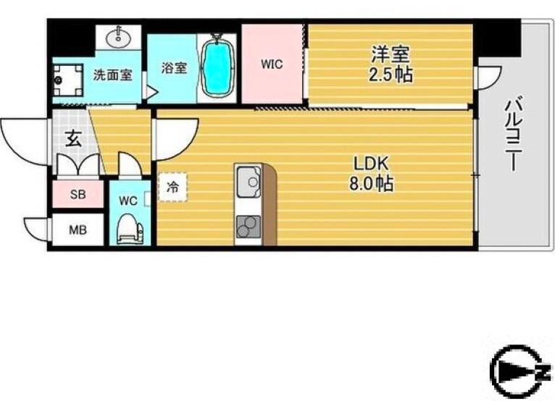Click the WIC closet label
coord(272,64)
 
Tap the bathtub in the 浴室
coord(217,65)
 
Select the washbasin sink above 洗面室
coord(118,37)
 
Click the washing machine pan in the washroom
coord(67,80)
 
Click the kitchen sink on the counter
coord(249,182)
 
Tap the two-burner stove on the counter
coord(249,227)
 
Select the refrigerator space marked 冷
coord(172,186)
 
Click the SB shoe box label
coord(78,194)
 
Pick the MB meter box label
coord(78,230)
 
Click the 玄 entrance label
coord(75,138)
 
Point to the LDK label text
coord(371,164)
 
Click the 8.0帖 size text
coord(371,184)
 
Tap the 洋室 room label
coord(391,54)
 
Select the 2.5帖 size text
coord(391,75)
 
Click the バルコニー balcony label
coord(513,134)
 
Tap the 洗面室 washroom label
coord(112,75)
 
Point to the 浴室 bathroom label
coord(174,67)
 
